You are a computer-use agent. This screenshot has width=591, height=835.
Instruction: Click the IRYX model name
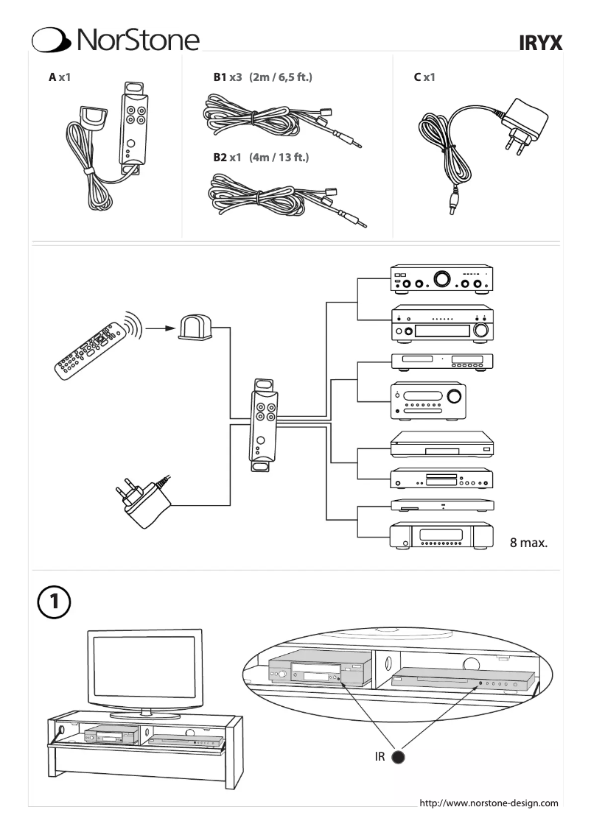click(542, 44)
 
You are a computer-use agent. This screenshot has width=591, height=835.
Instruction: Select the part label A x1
click(59, 77)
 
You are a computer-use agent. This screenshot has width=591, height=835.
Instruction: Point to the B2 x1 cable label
click(260, 158)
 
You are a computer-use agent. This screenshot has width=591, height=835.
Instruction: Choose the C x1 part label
click(424, 77)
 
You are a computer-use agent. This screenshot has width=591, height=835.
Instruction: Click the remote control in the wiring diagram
click(91, 349)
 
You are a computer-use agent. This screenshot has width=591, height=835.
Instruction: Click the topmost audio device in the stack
click(441, 280)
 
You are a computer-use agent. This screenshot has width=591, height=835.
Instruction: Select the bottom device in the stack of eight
click(441, 535)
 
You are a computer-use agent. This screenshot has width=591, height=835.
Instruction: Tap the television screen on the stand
click(145, 667)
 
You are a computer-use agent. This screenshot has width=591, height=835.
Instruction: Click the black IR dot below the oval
click(399, 757)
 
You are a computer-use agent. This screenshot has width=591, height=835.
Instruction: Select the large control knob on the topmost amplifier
click(443, 280)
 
